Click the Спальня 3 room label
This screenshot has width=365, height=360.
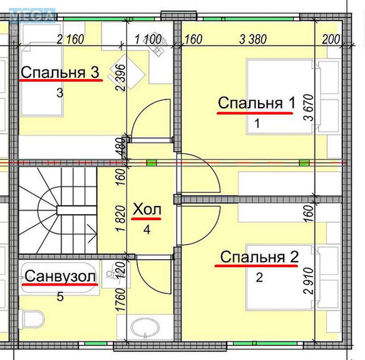click(x=61, y=72)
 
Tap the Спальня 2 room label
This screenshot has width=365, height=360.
click(x=259, y=257)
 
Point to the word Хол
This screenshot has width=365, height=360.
click(x=147, y=209)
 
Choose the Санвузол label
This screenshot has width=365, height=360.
click(x=59, y=276)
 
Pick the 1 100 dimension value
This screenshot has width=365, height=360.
click(x=148, y=38)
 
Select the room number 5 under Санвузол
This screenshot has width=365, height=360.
click(x=59, y=297)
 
